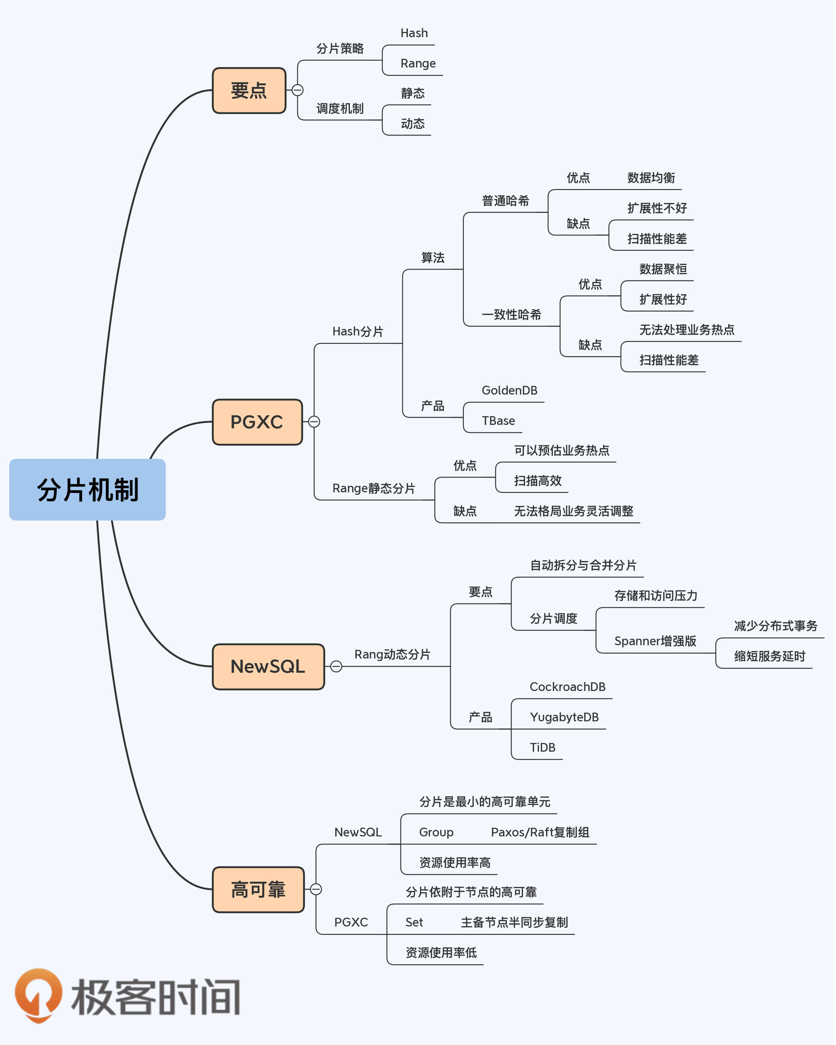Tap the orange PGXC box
257,422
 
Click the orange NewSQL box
268,667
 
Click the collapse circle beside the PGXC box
315,422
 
